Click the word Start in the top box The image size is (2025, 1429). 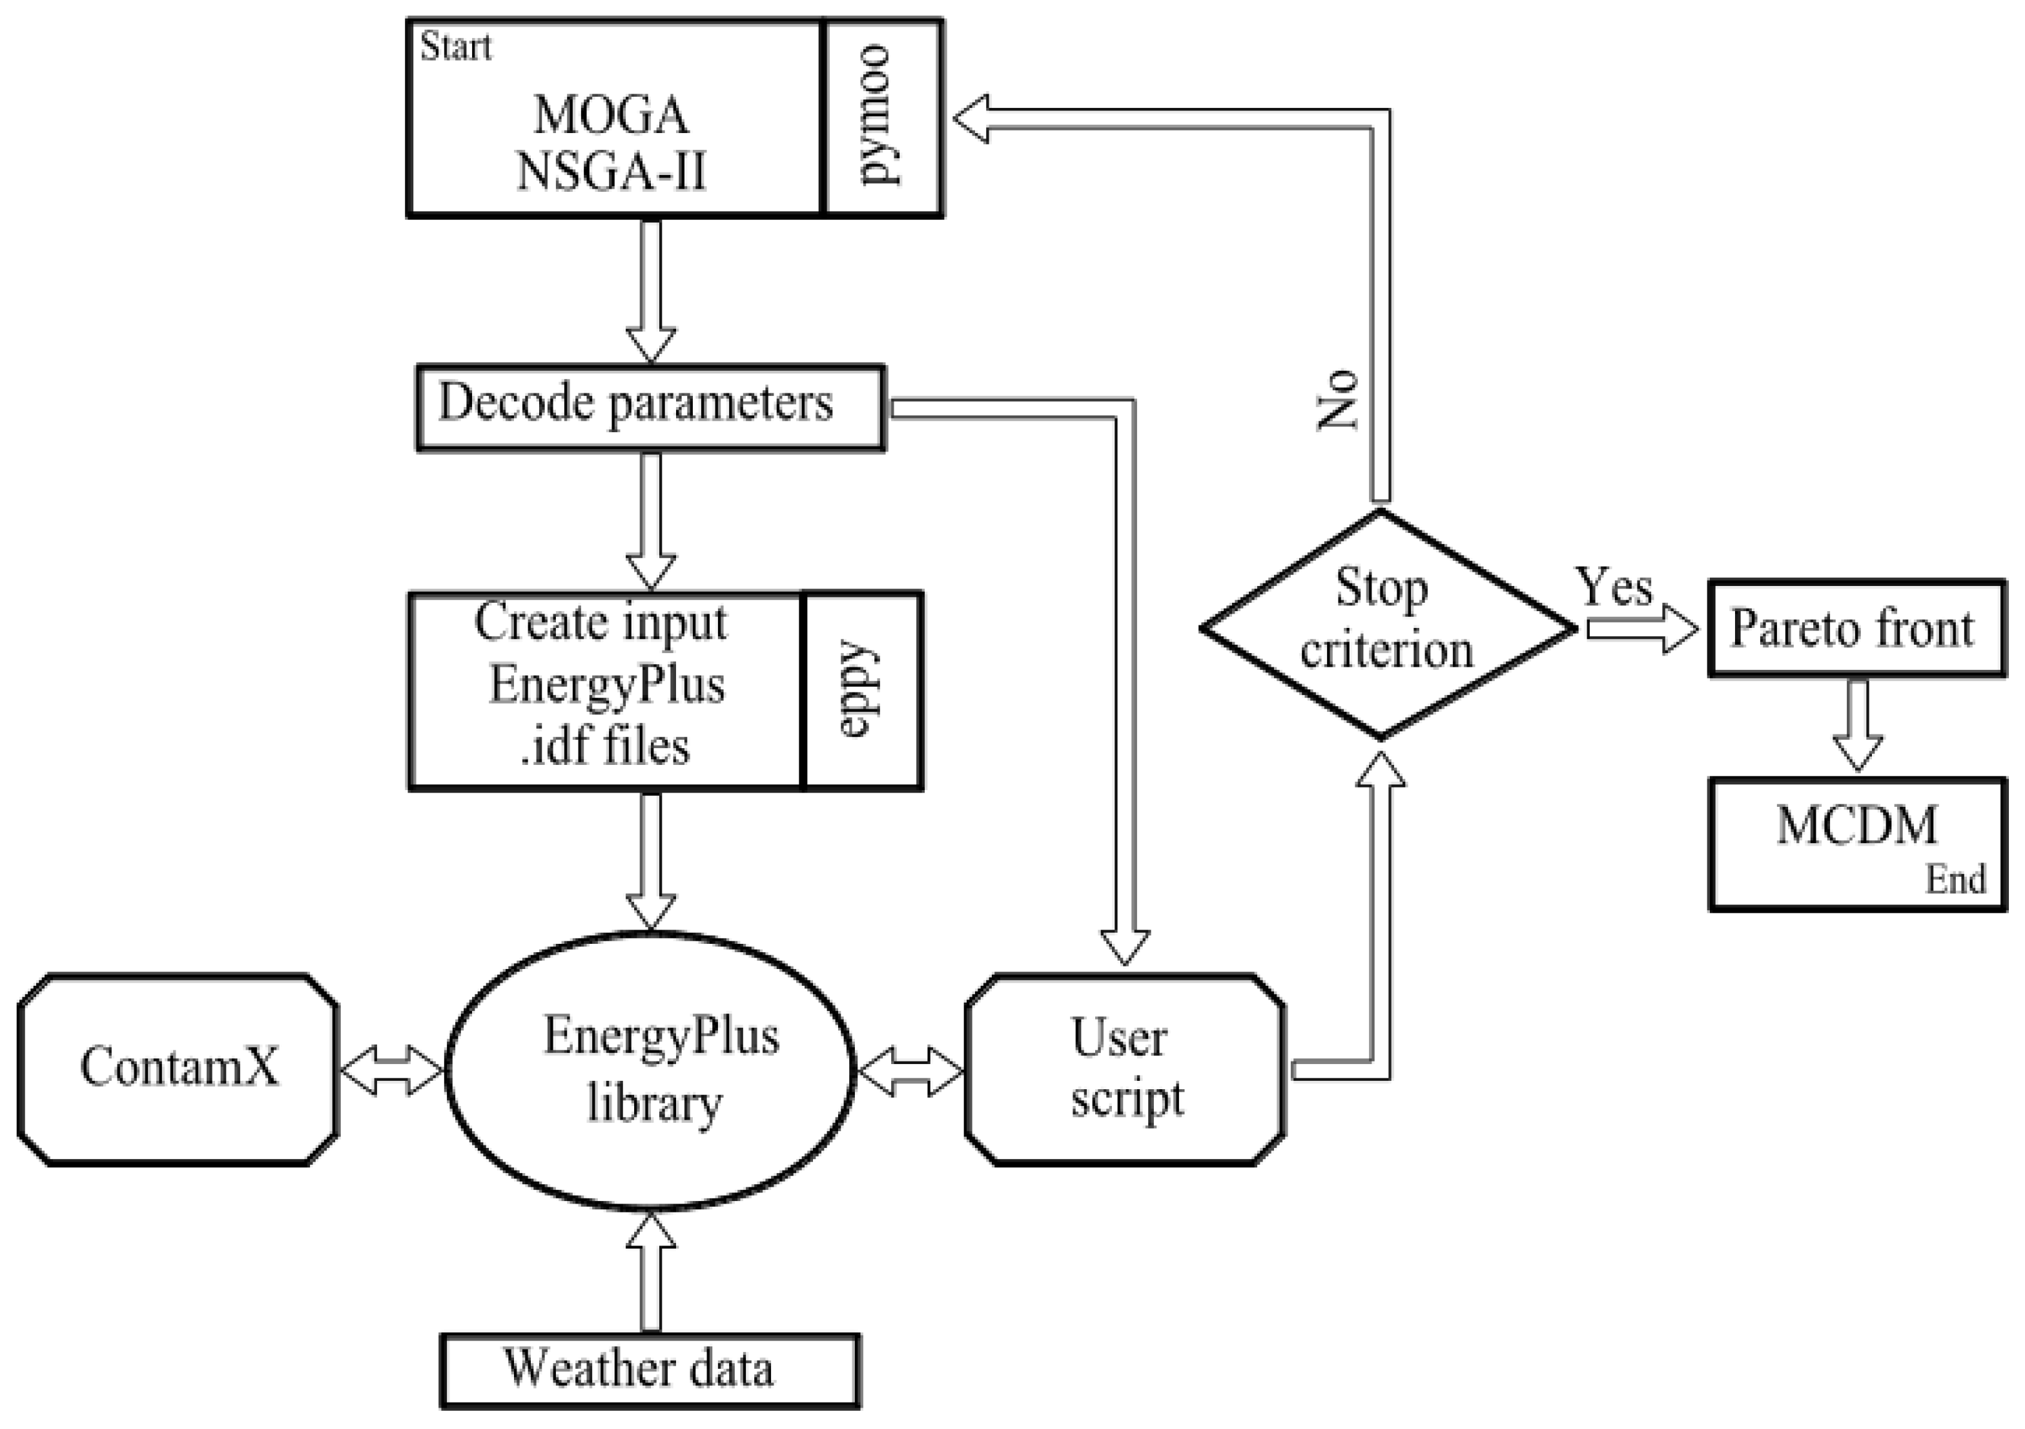pyautogui.click(x=455, y=47)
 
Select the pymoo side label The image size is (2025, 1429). pyautogui.click(x=882, y=116)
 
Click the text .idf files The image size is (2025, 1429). pyautogui.click(x=605, y=746)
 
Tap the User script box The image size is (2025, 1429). pyautogui.click(x=1124, y=1069)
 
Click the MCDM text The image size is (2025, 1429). pyautogui.click(x=1856, y=826)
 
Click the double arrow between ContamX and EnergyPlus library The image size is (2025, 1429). pyautogui.click(x=391, y=1071)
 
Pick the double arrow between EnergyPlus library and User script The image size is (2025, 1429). pyautogui.click(x=910, y=1071)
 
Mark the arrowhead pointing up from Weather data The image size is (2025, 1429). pyautogui.click(x=651, y=1231)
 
